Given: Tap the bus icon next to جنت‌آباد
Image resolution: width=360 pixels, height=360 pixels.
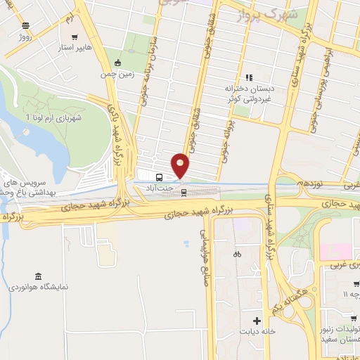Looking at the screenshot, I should pos(160,177).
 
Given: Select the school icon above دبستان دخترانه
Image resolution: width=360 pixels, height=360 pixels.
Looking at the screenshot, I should pos(248,77).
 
